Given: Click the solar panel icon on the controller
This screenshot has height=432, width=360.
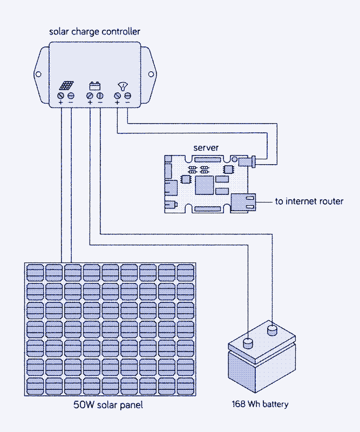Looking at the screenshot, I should click(x=67, y=86).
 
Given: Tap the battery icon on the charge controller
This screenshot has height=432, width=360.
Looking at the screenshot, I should click(x=95, y=85).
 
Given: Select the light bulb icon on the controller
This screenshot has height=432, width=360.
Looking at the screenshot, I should click(x=123, y=85).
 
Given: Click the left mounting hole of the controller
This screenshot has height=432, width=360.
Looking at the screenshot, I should click(x=38, y=74).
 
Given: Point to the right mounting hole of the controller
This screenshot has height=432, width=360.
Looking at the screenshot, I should click(x=152, y=74).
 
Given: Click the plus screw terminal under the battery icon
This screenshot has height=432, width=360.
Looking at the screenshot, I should click(x=90, y=96).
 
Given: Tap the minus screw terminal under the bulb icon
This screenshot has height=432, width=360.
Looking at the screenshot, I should click(x=127, y=96).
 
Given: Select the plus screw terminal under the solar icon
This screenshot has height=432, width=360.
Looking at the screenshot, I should click(x=61, y=96).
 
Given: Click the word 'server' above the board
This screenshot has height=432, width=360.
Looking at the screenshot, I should click(x=206, y=147).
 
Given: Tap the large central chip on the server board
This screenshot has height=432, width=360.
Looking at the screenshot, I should click(x=205, y=186).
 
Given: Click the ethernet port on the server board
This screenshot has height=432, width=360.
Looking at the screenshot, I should click(x=243, y=201).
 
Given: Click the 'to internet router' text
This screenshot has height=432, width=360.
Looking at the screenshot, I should click(x=309, y=201).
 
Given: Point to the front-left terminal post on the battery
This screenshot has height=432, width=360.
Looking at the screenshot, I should click(x=248, y=342).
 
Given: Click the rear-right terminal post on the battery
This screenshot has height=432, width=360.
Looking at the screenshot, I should click(x=272, y=328).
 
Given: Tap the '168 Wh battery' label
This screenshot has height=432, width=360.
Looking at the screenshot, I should click(x=260, y=404).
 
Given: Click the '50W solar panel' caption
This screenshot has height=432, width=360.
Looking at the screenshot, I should click(x=108, y=405).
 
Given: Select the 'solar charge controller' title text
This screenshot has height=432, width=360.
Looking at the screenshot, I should click(x=94, y=31).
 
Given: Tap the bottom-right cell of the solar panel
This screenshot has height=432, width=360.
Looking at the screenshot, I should click(x=186, y=386).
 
